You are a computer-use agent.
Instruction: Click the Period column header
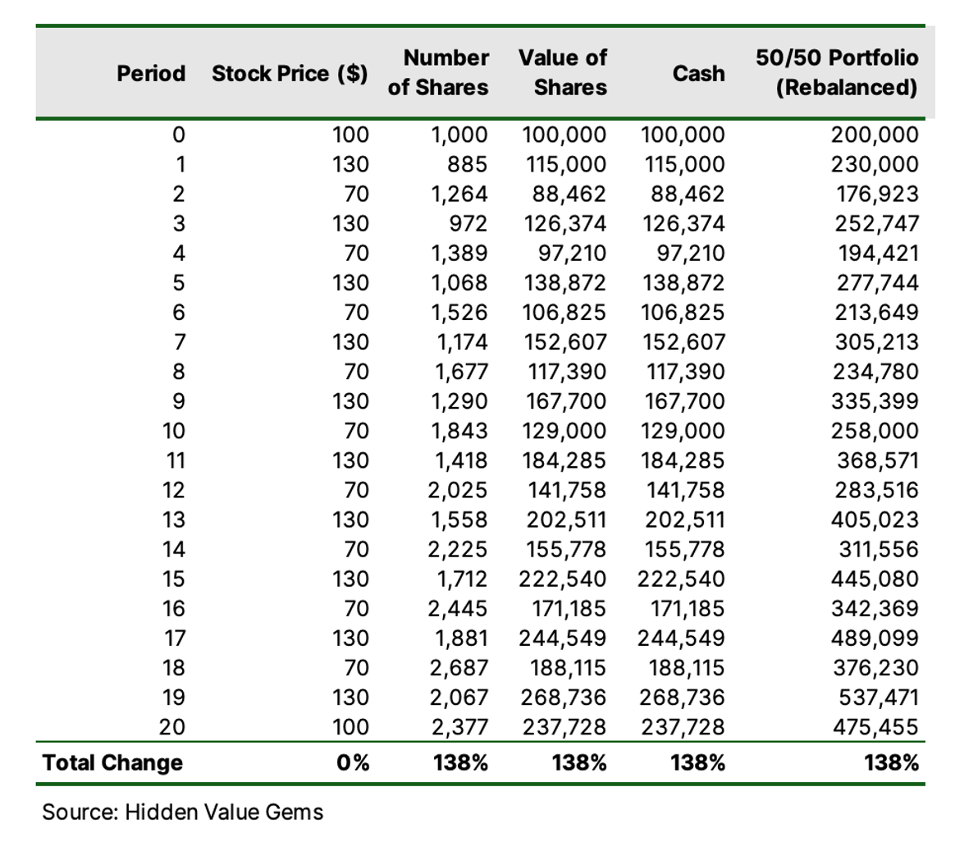151,74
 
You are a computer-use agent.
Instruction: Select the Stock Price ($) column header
290,74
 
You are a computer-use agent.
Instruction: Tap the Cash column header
698,74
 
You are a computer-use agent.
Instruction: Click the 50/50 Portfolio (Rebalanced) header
837,72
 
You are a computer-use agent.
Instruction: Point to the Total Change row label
112,762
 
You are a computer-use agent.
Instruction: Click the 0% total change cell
353,762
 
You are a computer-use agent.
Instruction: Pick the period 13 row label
174,519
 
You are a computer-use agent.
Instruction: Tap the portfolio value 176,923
876,194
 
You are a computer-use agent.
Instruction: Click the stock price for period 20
350,727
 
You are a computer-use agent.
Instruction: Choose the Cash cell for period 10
683,431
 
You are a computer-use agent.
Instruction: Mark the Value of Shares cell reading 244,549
563,638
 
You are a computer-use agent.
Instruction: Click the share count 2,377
459,727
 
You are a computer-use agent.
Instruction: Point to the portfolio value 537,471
878,697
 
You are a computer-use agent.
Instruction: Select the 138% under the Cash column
698,762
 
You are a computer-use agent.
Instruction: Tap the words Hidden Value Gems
224,812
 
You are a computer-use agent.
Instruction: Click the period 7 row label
179,341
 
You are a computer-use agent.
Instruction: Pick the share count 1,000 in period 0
459,135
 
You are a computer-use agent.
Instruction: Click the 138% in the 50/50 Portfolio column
891,762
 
